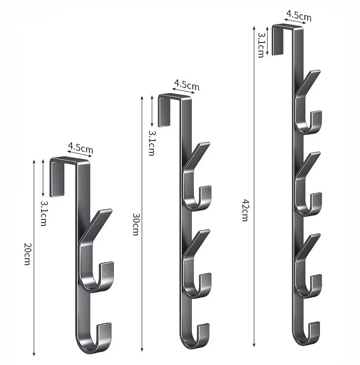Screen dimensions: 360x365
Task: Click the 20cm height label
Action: pyautogui.click(x=27, y=254)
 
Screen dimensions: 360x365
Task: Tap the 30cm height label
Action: pyautogui.click(x=136, y=224)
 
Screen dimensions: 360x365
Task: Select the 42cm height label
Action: pyautogui.click(x=245, y=210)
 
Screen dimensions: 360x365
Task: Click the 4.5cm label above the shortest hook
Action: pyautogui.click(x=81, y=148)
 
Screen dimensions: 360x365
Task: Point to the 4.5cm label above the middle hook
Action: pyautogui.click(x=187, y=85)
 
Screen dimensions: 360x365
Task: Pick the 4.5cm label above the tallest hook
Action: pyautogui.click(x=299, y=16)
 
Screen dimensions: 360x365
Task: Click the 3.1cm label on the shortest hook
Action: pyautogui.click(x=43, y=213)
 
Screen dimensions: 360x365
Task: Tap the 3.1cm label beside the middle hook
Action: pyautogui.click(x=152, y=143)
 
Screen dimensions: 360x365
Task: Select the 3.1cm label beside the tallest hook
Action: pyautogui.click(x=261, y=45)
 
